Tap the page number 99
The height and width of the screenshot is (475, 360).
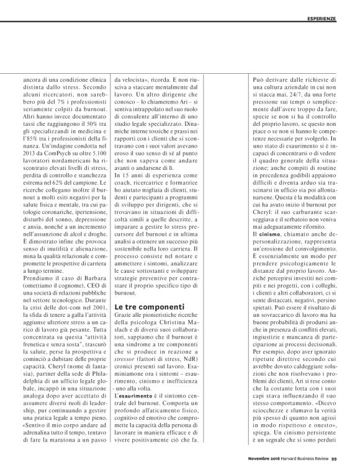[x=351, y=459]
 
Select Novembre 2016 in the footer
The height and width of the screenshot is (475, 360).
[x=275, y=459]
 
